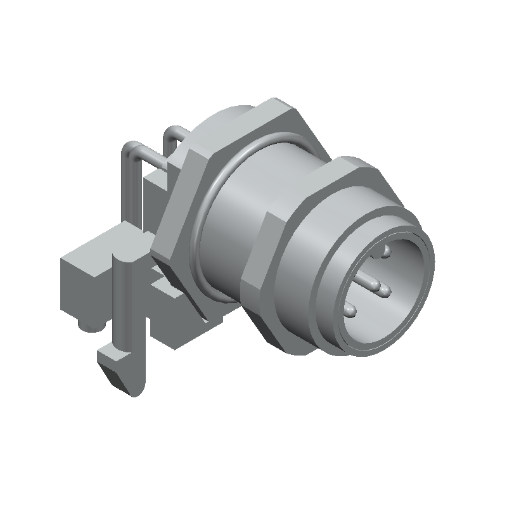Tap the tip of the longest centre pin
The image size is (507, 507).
(x=385, y=291)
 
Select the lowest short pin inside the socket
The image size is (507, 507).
(x=350, y=311)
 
